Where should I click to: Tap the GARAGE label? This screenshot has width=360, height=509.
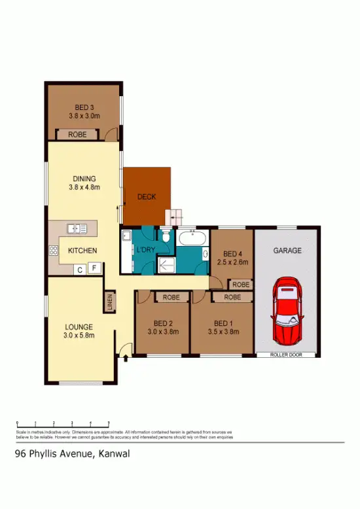pyautogui.click(x=287, y=251)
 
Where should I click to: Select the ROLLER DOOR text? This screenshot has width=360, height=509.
pyautogui.click(x=287, y=354)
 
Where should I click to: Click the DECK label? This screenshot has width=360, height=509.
pyautogui.click(x=147, y=197)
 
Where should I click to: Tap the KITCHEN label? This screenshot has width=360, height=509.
pyautogui.click(x=82, y=251)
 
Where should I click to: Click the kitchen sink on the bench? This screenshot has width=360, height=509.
pyautogui.click(x=77, y=228)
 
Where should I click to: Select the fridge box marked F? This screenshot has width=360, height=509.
pyautogui.click(x=94, y=268)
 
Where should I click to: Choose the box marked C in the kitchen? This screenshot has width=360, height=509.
pyautogui.click(x=79, y=268)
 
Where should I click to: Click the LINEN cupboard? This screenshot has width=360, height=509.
pyautogui.click(x=109, y=302)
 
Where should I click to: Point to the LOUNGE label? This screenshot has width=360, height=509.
pyautogui.click(x=79, y=327)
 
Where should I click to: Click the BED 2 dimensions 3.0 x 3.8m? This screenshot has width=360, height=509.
pyautogui.click(x=162, y=331)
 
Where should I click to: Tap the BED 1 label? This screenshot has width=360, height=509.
pyautogui.click(x=223, y=323)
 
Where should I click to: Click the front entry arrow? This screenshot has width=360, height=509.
pyautogui.click(x=124, y=357)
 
